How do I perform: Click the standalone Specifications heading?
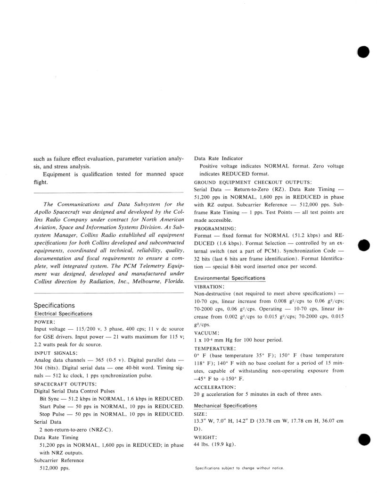(x=54, y=305)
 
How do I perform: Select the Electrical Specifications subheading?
(x=63, y=314)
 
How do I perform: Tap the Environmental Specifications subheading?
(x=229, y=278)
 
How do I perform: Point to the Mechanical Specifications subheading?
(x=226, y=406)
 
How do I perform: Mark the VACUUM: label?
(x=206, y=332)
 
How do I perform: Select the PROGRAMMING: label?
(x=214, y=228)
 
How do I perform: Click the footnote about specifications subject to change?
(x=239, y=468)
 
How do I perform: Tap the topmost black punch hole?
(x=363, y=52)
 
